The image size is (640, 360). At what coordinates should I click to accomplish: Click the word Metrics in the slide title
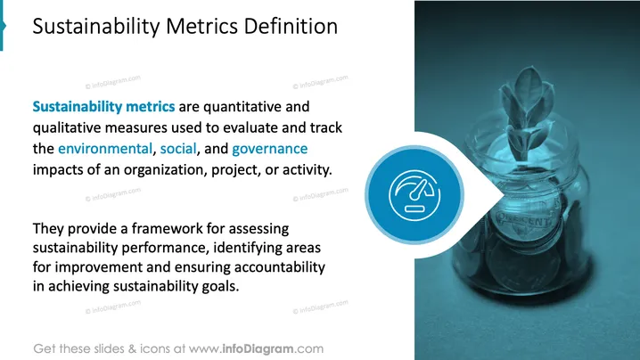201,26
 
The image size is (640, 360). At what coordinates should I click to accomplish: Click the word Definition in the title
291,26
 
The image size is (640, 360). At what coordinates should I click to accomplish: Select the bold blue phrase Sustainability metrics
103,107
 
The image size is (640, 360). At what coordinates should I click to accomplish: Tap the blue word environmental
105,149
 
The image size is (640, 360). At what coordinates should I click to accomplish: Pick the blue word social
178,149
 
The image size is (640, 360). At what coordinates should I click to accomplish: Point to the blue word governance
270,149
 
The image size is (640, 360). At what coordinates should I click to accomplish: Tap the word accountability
280,267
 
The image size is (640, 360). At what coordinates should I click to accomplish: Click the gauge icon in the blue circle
414,195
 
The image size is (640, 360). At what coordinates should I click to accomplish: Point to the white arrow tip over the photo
505,195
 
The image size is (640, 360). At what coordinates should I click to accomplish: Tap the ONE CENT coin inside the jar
525,220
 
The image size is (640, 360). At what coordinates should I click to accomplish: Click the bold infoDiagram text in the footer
258,349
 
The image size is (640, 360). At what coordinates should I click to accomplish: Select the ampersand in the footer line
132,349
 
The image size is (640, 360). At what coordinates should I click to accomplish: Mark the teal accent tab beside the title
3,26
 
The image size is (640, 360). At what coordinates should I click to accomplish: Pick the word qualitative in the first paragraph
67,127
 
